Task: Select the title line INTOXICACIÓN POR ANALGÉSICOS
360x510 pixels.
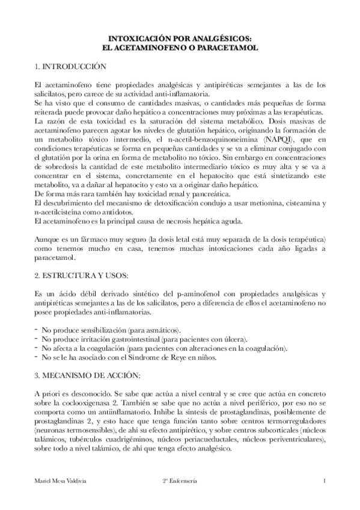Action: click(180, 37)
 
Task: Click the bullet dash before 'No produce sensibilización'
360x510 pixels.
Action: click(37, 330)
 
